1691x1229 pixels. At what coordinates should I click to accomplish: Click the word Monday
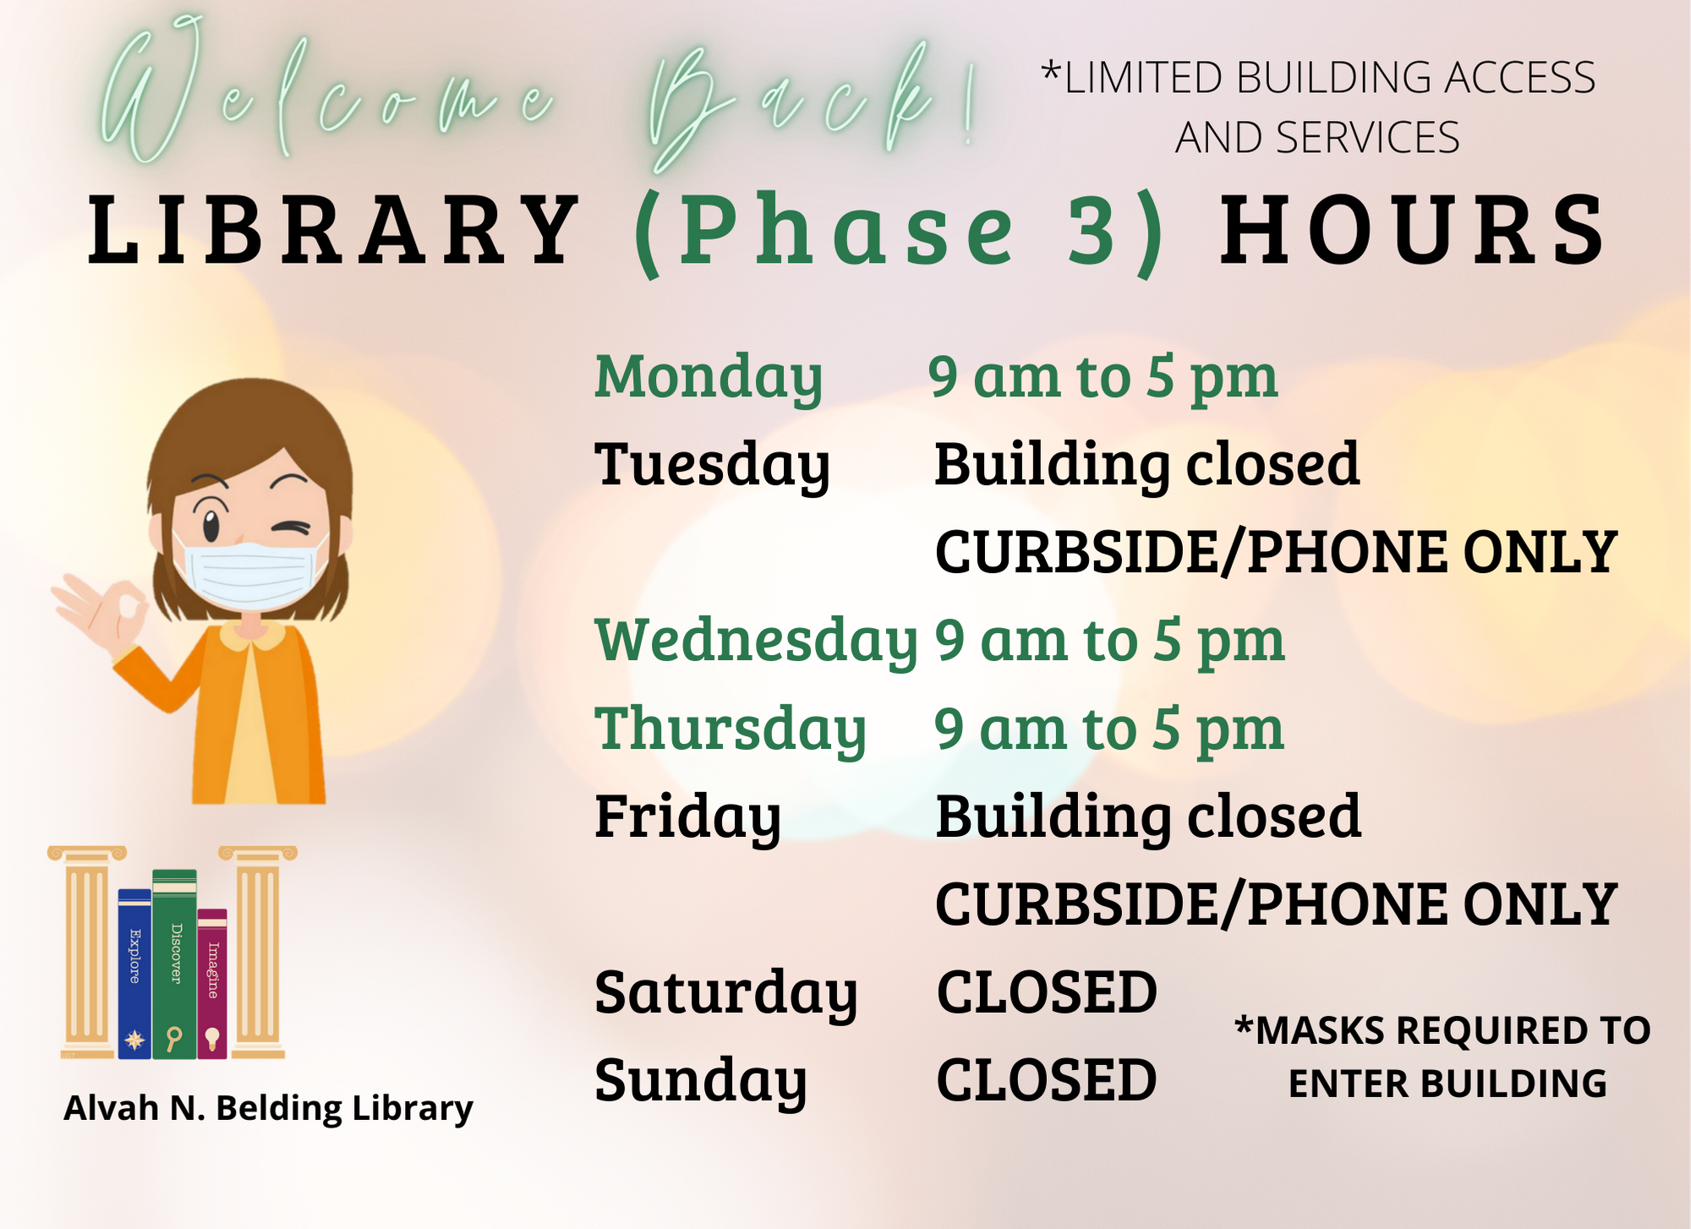[709, 378]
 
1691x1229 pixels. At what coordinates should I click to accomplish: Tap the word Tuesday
[713, 466]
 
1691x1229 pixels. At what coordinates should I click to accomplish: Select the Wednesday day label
[756, 642]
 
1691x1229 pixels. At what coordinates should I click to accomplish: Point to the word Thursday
[731, 729]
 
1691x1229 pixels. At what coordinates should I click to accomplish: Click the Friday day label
[687, 817]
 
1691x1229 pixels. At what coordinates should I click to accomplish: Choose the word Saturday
[726, 993]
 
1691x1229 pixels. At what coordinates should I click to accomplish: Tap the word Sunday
[701, 1081]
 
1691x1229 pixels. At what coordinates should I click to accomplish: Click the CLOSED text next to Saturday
[1047, 992]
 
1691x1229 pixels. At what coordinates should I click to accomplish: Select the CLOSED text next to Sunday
[1047, 1080]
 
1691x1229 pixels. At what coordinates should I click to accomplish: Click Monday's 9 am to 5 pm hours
[1103, 378]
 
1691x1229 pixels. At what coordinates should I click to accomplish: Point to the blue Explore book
[134, 974]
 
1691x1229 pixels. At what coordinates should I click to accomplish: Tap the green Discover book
[174, 964]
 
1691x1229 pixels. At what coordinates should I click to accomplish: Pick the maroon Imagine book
[212, 984]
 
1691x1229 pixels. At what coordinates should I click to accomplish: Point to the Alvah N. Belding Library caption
[268, 1108]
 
